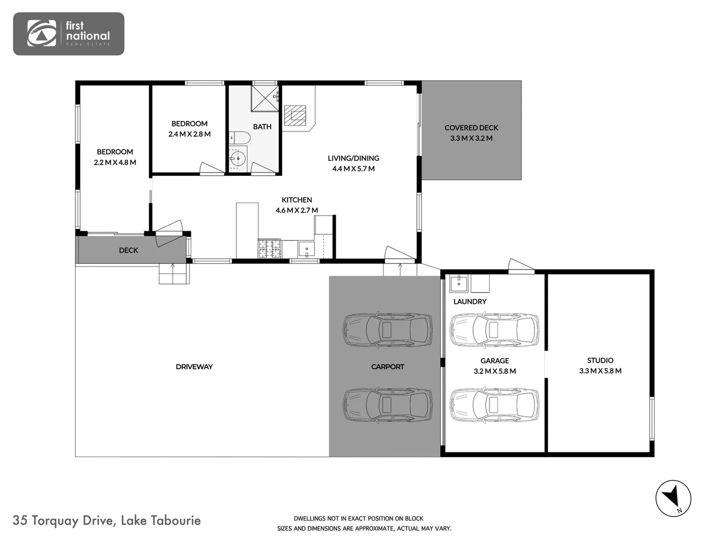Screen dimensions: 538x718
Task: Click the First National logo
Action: pyautogui.click(x=68, y=33)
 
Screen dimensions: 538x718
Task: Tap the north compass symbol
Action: pyautogui.click(x=673, y=498)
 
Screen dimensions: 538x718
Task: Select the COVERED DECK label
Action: pyautogui.click(x=471, y=128)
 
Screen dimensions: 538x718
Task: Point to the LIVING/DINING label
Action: pyautogui.click(x=353, y=158)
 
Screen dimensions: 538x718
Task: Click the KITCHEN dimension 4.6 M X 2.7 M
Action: pyautogui.click(x=297, y=210)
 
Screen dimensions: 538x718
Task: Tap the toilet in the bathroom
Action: pyautogui.click(x=239, y=137)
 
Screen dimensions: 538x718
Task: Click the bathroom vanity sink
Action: pyautogui.click(x=238, y=159)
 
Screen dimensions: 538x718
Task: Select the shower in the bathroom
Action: pyautogui.click(x=264, y=98)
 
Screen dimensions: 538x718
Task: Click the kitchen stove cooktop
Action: pyautogui.click(x=269, y=249)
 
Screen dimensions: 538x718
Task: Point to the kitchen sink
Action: pyautogui.click(x=306, y=249)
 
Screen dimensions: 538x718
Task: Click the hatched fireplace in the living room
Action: pyautogui.click(x=295, y=115)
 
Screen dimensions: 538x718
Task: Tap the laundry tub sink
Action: pyautogui.click(x=458, y=283)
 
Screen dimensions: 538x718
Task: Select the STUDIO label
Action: pyautogui.click(x=600, y=360)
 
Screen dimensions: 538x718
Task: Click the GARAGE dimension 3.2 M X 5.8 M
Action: pyautogui.click(x=495, y=371)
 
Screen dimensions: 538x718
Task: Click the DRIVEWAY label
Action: pyautogui.click(x=194, y=367)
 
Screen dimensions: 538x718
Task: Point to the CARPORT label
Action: pyautogui.click(x=387, y=367)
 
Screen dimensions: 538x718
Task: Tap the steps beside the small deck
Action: pyautogui.click(x=174, y=274)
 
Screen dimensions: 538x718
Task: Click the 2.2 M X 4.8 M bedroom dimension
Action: pyautogui.click(x=115, y=162)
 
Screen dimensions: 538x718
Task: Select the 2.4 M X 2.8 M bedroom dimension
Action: pyautogui.click(x=189, y=134)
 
